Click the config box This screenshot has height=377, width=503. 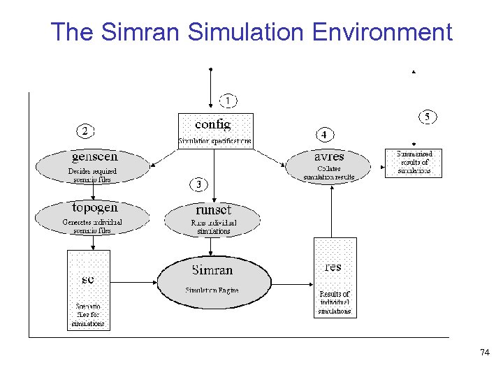tap(215, 131)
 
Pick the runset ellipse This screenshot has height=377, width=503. tap(213, 219)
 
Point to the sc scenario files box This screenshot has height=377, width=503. tap(89, 290)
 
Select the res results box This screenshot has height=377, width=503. tap(335, 277)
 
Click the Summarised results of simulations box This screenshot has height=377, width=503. tap(414, 163)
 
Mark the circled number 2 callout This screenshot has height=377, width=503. tap(85, 131)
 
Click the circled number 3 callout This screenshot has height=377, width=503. tap(200, 184)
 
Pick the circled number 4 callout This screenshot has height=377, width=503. tap(325, 133)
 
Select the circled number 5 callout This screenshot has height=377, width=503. tap(428, 117)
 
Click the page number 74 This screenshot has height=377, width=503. tap(485, 353)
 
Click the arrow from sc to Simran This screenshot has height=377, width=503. tap(133, 282)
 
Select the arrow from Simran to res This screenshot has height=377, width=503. tap(292, 284)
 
